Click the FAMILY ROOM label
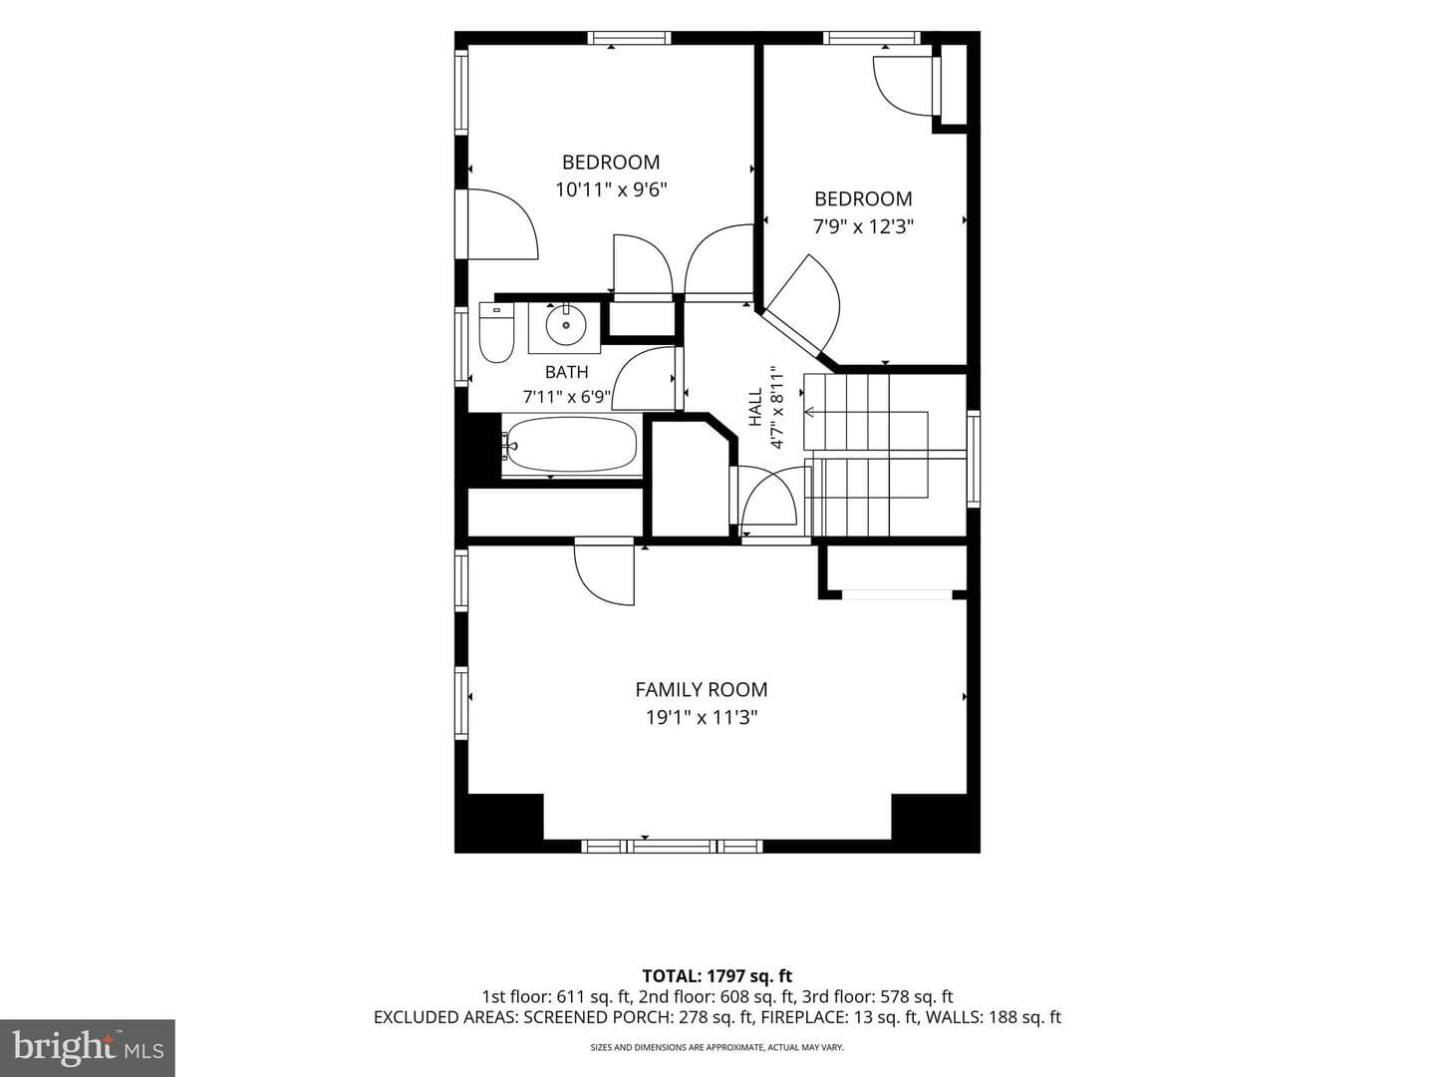click(x=701, y=689)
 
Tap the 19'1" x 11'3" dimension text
click(x=702, y=718)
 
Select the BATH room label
click(x=566, y=372)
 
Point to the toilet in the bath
click(x=496, y=332)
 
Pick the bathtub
click(x=570, y=446)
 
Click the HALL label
click(x=755, y=407)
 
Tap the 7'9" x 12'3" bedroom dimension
click(x=863, y=227)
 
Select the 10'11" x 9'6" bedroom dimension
click(x=611, y=189)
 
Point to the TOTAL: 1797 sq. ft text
click(x=717, y=976)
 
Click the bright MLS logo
click(x=88, y=1048)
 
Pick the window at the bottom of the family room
click(x=672, y=847)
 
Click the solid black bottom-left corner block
click(x=499, y=822)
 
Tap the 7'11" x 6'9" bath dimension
click(x=566, y=397)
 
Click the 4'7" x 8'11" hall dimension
click(x=776, y=407)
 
